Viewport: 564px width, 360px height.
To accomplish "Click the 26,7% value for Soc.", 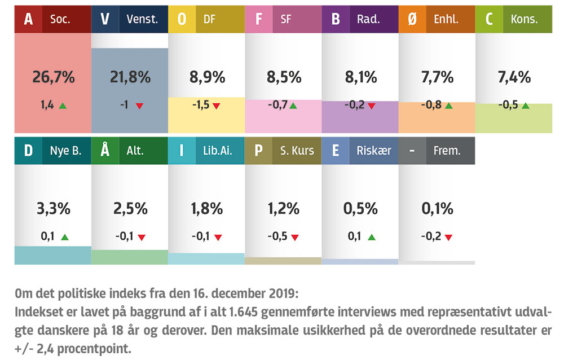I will (53, 77).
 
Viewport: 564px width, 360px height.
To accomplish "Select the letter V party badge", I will (104, 19).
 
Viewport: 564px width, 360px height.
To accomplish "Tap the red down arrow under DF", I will (216, 106).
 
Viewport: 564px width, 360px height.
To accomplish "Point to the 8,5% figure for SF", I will (283, 77).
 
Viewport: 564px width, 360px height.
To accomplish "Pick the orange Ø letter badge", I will (412, 19).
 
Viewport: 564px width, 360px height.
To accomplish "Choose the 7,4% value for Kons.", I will (514, 77).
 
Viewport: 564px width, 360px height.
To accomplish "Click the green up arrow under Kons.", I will (525, 106).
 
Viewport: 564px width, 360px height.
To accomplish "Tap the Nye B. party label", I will (65, 151).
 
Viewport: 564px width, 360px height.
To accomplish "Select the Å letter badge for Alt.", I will (104, 151).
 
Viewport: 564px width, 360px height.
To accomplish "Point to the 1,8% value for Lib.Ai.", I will (206, 209).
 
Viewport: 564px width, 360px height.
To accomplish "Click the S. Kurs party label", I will (297, 151).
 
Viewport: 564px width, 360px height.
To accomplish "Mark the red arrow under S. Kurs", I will (293, 237).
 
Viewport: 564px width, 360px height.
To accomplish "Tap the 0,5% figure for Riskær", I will (360, 209).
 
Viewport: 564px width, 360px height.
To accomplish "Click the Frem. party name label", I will (447, 151).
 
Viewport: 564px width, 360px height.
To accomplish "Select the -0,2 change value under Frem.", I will (431, 236).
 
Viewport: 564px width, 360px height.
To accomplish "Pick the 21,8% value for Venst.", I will (130, 77).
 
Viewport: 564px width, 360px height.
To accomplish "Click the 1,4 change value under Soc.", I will (47, 105).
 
